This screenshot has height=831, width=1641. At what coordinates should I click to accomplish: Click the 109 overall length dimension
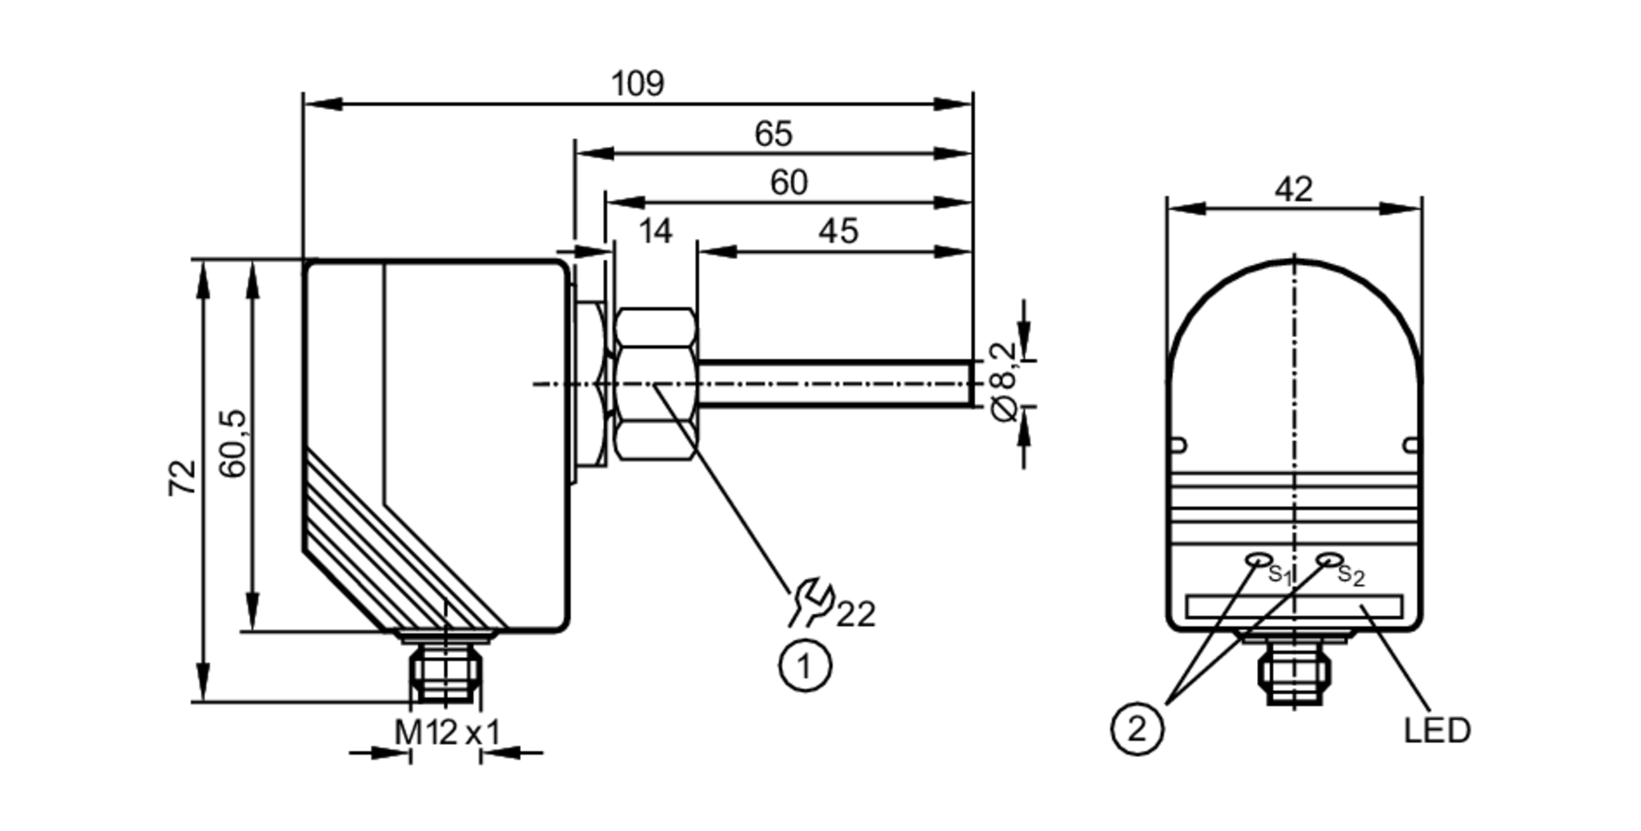(638, 84)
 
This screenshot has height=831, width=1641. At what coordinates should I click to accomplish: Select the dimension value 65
(773, 134)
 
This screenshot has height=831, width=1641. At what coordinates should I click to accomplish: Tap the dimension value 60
(789, 182)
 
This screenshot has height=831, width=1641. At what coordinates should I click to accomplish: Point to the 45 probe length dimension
(838, 231)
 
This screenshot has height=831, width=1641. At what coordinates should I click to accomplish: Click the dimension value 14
(655, 231)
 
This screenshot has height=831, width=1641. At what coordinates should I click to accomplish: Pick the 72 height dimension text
(183, 477)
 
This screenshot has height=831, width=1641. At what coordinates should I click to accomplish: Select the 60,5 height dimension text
(233, 444)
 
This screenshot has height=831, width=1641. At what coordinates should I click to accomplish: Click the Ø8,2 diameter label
(1003, 382)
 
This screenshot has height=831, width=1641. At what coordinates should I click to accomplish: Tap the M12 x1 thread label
(446, 733)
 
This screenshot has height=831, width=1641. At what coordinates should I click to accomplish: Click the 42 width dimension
(1293, 190)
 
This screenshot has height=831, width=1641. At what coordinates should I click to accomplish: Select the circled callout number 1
(804, 666)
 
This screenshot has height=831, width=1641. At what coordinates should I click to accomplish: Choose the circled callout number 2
(1136, 728)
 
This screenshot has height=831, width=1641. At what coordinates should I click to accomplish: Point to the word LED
(1437, 730)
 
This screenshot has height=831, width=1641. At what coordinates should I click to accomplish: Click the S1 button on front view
(1256, 559)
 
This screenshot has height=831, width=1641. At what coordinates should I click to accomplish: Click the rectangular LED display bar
(1293, 606)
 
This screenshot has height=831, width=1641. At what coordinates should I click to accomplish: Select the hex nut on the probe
(656, 383)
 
